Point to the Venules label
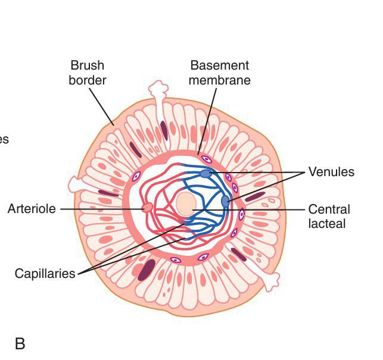331,172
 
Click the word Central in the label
329,209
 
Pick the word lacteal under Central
327,224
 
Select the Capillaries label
45,274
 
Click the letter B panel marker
20,344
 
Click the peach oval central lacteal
186,204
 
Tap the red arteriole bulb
147,208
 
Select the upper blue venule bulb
205,174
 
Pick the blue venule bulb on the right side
225,202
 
